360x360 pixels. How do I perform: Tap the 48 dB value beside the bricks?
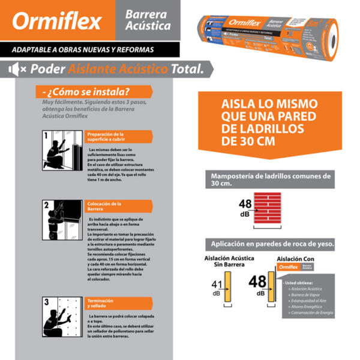[x=245, y=207]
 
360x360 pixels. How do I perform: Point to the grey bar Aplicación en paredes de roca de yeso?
[x=271, y=244]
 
